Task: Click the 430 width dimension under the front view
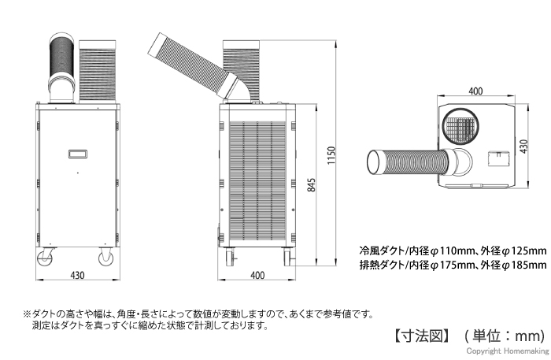point(76,276)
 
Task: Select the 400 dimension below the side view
point(257,276)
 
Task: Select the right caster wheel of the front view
point(105,259)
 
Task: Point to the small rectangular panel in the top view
point(497,160)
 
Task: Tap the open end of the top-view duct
point(377,163)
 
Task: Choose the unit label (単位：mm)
point(505,334)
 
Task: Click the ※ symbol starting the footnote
point(26,313)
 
